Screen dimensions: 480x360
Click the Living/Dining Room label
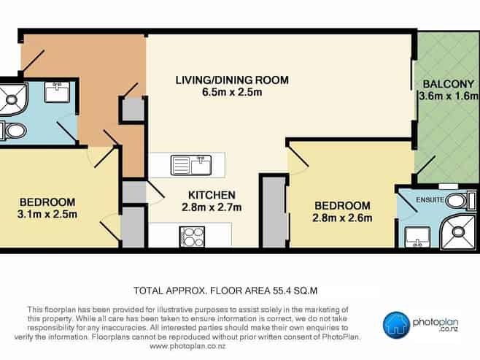pyautogui.click(x=232, y=80)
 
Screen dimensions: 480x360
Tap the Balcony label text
pyautogui.click(x=448, y=84)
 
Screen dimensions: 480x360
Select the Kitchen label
pyautogui.click(x=212, y=195)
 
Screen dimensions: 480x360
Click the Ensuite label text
pyautogui.click(x=430, y=200)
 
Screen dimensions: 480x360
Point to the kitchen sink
pyautogui.click(x=191, y=165)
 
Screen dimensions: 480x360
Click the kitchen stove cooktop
pyautogui.click(x=192, y=237)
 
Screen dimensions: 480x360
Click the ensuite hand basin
pyautogui.click(x=417, y=237)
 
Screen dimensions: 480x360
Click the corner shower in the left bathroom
pyautogui.click(x=13, y=99)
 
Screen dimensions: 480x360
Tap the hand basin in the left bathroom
pyautogui.click(x=57, y=91)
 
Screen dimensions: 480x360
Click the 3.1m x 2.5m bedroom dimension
pyautogui.click(x=47, y=214)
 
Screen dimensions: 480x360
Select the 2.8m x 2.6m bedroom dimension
pyautogui.click(x=342, y=218)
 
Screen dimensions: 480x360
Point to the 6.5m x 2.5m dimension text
pyautogui.click(x=232, y=92)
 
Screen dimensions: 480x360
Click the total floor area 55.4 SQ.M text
pyautogui.click(x=225, y=290)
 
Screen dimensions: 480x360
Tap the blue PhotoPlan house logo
pyautogui.click(x=396, y=325)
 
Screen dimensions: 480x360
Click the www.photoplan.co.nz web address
pyautogui.click(x=187, y=347)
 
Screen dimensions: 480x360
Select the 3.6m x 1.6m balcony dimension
pyautogui.click(x=449, y=96)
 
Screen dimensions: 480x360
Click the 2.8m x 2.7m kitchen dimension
pyautogui.click(x=212, y=207)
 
